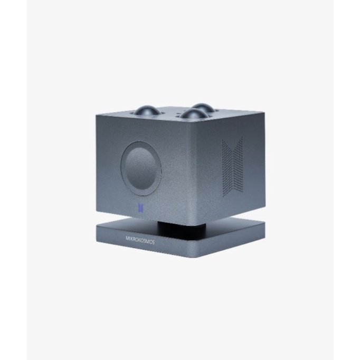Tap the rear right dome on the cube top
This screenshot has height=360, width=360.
tap(202, 107)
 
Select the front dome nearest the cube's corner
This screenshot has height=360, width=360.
tap(193, 114)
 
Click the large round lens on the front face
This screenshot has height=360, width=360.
tap(141, 169)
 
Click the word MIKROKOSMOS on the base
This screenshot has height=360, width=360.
tap(140, 240)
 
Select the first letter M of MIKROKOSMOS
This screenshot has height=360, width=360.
tap(127, 238)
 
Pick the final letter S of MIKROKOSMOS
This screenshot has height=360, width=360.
tap(153, 242)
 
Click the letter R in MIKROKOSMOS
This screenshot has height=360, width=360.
tap(135, 239)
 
